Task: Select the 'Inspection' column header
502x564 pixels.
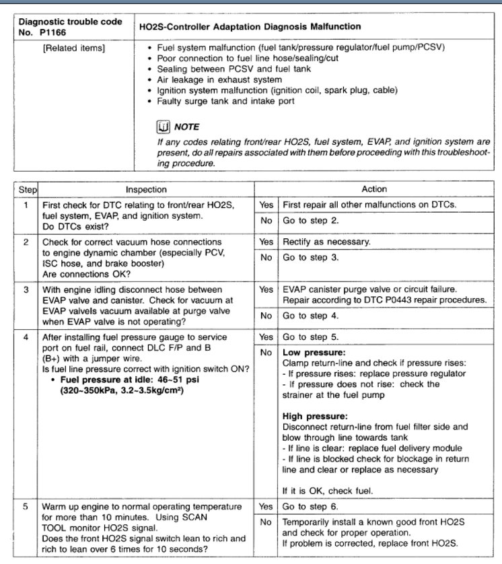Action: click(146, 189)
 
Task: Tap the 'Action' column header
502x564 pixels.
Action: click(374, 189)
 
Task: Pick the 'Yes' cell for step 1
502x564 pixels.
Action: click(266, 205)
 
